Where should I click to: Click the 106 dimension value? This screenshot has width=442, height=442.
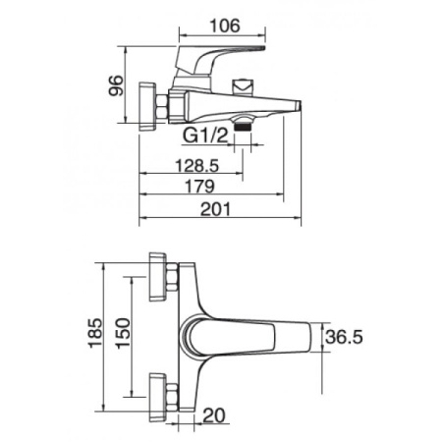coord(225,26)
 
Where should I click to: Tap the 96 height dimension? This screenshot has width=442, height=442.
coord(116,85)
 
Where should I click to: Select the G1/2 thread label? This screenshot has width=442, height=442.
coord(205,136)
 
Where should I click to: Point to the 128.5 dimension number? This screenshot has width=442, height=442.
coord(197,166)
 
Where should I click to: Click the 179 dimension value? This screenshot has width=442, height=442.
coord(200,187)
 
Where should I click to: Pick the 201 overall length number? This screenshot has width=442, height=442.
coord(215,209)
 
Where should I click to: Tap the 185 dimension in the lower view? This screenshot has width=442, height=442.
coord(95,333)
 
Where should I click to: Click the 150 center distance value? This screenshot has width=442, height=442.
coord(123,333)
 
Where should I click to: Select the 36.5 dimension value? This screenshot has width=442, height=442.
coord(344,337)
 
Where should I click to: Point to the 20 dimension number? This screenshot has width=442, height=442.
coord(214,415)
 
